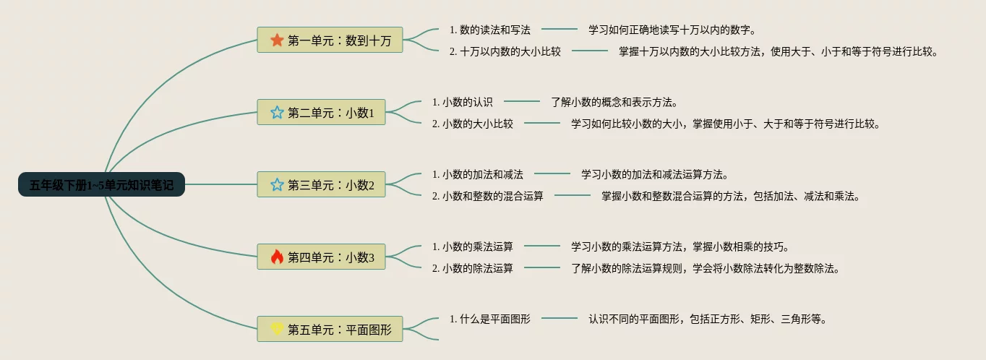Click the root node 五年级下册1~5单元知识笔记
(x=101, y=184)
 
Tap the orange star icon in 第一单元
(x=277, y=40)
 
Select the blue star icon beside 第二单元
(x=277, y=112)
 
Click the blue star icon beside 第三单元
(x=277, y=184)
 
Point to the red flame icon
(x=277, y=257)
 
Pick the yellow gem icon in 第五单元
(x=277, y=328)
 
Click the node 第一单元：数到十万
(x=330, y=40)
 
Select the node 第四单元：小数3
(x=322, y=257)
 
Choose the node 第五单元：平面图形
(x=330, y=329)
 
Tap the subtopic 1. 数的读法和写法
(x=490, y=30)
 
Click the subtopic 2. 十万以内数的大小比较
(x=505, y=51)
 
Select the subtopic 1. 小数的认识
(x=462, y=102)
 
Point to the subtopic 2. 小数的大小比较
(x=472, y=124)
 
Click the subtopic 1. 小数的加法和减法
(x=478, y=174)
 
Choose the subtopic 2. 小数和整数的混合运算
(x=488, y=196)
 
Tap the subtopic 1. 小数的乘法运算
(x=472, y=247)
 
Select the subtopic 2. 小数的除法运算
(x=472, y=268)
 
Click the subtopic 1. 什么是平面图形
(x=490, y=319)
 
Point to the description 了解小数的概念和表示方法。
(x=614, y=102)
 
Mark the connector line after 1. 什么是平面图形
(x=560, y=318)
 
